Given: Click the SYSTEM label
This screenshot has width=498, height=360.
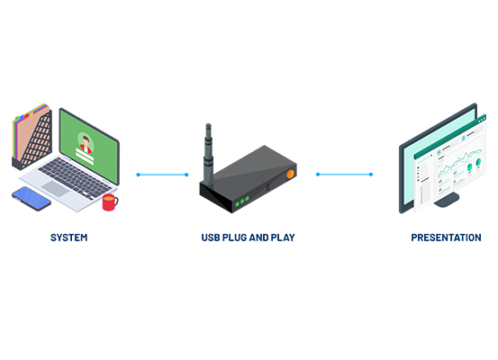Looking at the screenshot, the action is (x=69, y=238).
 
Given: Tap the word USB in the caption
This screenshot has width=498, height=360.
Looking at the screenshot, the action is (x=211, y=238).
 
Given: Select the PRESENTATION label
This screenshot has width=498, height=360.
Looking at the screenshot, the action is (x=446, y=238).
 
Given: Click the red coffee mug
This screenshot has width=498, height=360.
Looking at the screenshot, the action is (x=110, y=202).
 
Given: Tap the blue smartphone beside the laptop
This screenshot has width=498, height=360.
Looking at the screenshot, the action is (x=32, y=198).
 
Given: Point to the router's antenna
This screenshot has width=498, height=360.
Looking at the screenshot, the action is (x=208, y=154).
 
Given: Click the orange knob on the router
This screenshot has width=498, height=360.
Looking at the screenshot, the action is (x=290, y=174).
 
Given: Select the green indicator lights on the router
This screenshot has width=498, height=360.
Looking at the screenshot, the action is (x=242, y=202).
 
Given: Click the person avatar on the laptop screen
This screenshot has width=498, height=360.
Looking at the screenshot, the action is (x=86, y=144).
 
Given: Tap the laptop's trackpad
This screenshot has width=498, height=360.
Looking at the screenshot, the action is (x=56, y=189).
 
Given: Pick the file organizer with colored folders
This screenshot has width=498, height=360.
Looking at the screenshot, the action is (x=32, y=137).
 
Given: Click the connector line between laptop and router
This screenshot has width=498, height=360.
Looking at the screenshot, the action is (x=162, y=175).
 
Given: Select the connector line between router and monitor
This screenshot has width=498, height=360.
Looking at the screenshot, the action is (x=344, y=175).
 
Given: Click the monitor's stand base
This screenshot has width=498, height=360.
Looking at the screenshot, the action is (x=447, y=200).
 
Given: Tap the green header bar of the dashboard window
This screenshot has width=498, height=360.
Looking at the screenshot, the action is (x=450, y=136).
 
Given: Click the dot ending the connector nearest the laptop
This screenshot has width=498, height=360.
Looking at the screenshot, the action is (x=138, y=175).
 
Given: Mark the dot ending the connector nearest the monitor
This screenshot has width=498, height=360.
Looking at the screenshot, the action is (x=371, y=175).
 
